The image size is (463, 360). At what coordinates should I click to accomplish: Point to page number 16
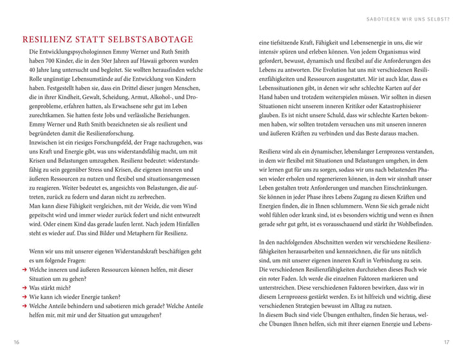[17, 342]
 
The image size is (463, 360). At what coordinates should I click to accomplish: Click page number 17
[446, 342]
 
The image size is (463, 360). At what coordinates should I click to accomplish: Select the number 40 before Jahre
[34, 70]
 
